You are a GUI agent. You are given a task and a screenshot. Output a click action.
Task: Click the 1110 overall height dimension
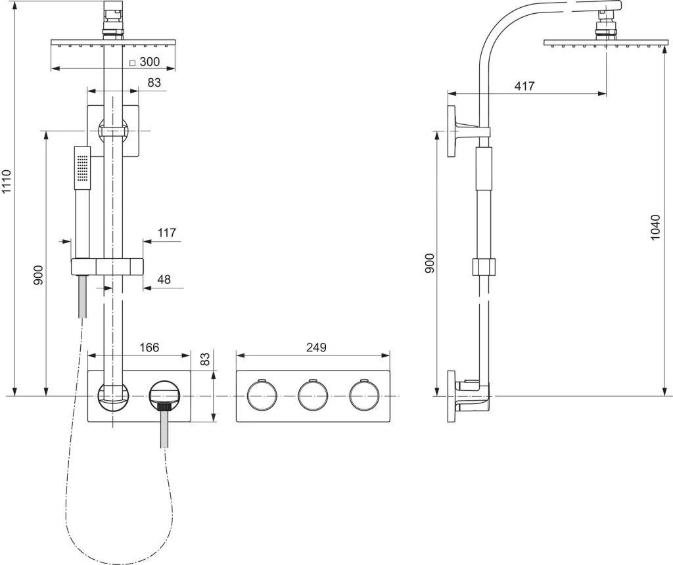point(7,181)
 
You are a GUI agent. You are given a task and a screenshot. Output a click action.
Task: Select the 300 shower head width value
point(150,62)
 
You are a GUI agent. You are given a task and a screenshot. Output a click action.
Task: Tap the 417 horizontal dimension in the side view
point(525,86)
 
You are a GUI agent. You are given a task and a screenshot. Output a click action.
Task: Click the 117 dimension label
point(167,233)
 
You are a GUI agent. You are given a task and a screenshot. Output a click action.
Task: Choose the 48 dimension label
point(164,279)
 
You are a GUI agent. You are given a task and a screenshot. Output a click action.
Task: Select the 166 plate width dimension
point(149,347)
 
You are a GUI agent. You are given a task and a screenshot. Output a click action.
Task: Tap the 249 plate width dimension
point(316,347)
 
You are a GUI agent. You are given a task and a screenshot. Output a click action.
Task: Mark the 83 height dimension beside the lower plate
point(204,359)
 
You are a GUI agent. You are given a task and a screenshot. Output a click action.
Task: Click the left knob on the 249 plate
point(262,395)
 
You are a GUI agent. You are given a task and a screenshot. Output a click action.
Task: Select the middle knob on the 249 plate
point(313,395)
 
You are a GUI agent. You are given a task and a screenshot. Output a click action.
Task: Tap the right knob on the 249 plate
point(365,395)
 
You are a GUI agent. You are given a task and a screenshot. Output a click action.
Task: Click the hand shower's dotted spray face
point(82,166)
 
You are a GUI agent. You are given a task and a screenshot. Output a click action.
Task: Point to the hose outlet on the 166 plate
point(164,395)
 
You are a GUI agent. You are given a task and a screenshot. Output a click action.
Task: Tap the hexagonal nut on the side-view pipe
point(486,267)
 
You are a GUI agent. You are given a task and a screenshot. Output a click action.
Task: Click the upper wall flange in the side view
point(452,131)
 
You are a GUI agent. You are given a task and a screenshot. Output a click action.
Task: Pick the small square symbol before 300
point(132,63)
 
